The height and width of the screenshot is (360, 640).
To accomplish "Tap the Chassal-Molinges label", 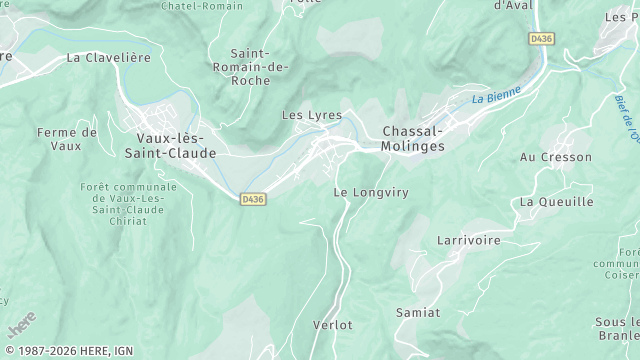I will pyautogui.click(x=413, y=138).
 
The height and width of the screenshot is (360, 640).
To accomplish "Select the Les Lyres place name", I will pyautogui.click(x=312, y=116).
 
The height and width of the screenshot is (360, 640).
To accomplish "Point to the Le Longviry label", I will pyautogui.click(x=371, y=191).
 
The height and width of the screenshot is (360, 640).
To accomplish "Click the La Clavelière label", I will pyautogui.click(x=108, y=58).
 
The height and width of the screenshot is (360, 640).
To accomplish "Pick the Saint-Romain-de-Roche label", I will pyautogui.click(x=258, y=67).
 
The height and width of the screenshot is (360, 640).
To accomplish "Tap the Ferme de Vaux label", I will pyautogui.click(x=67, y=139).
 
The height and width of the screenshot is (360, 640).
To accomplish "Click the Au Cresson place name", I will pyautogui.click(x=556, y=158).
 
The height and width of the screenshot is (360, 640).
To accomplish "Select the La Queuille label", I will pyautogui.click(x=556, y=202).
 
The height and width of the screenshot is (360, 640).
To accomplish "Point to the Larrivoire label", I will pyautogui.click(x=468, y=240).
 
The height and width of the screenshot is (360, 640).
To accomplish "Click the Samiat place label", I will pyautogui.click(x=418, y=313).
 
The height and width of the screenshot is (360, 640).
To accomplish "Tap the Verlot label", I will pyautogui.click(x=332, y=325).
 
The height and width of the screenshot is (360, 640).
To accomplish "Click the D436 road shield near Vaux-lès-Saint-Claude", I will pyautogui.click(x=253, y=200).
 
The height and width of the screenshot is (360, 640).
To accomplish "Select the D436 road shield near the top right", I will pyautogui.click(x=541, y=38).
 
